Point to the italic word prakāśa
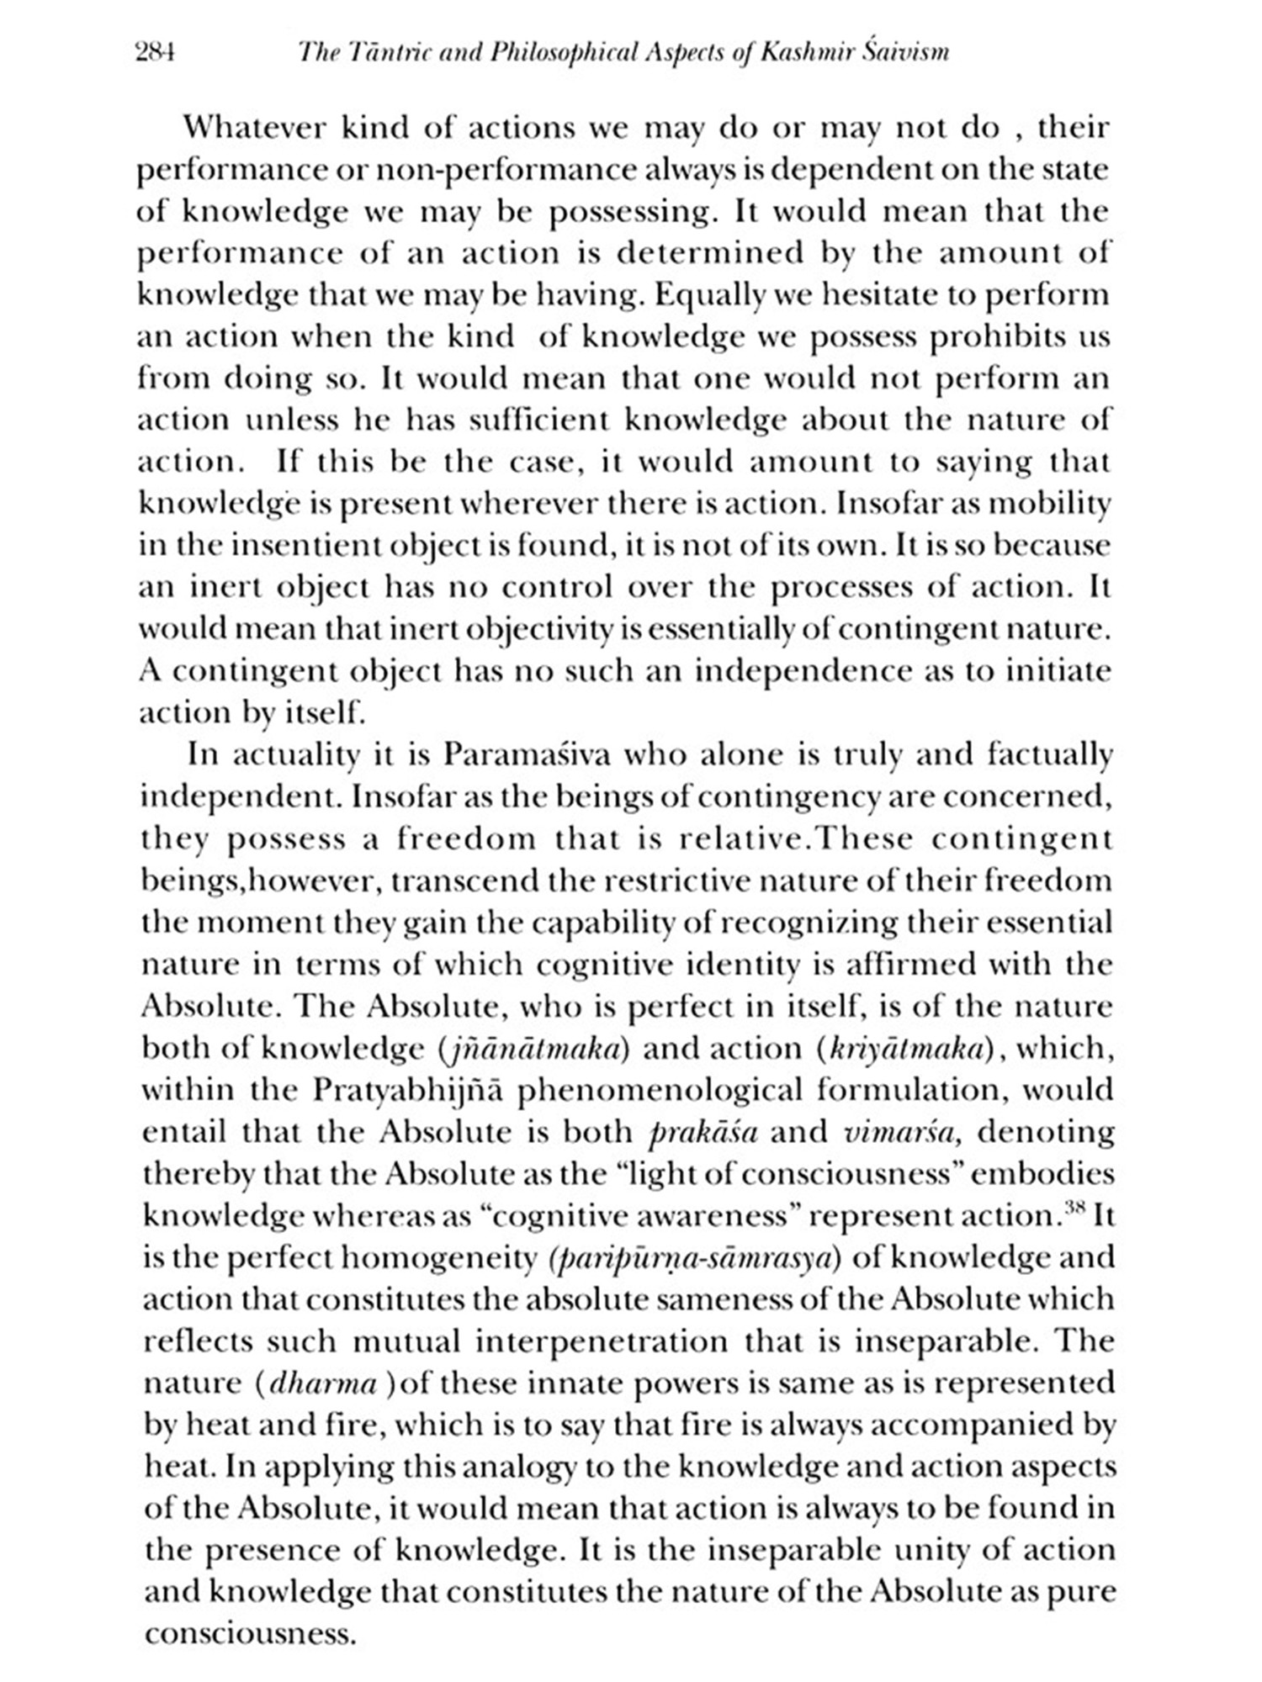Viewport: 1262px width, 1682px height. (x=704, y=1132)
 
